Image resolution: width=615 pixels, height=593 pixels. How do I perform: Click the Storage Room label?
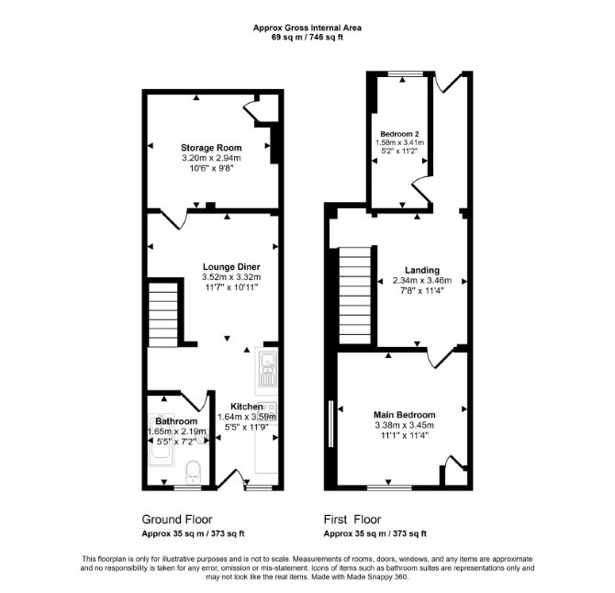tap(211, 148)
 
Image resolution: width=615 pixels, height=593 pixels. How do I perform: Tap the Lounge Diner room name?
tap(231, 267)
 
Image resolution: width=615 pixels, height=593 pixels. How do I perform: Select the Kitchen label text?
tap(246, 407)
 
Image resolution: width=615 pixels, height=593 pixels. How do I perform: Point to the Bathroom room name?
tap(176, 421)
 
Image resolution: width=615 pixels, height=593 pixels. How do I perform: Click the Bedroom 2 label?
tap(399, 134)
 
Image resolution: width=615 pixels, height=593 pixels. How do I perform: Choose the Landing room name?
tap(422, 270)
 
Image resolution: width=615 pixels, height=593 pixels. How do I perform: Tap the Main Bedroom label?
tap(405, 415)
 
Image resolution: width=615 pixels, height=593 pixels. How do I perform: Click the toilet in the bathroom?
tap(193, 472)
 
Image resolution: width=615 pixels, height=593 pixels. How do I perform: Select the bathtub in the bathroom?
tap(161, 440)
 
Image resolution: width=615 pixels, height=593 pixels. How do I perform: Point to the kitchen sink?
tap(267, 368)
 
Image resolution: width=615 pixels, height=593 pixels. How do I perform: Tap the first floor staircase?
tap(355, 296)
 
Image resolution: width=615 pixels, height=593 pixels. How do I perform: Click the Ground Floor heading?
tap(177, 520)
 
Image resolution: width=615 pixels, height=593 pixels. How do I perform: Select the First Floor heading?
tap(352, 520)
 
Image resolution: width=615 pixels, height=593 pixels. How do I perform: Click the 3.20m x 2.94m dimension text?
tap(211, 158)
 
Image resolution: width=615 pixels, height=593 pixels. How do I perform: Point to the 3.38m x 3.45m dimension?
tap(405, 425)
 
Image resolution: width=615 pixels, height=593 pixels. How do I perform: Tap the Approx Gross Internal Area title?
tap(307, 28)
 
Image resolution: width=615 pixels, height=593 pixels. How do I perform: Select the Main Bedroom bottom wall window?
tap(389, 487)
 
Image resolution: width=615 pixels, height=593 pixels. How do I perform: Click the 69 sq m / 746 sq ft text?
tap(307, 38)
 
